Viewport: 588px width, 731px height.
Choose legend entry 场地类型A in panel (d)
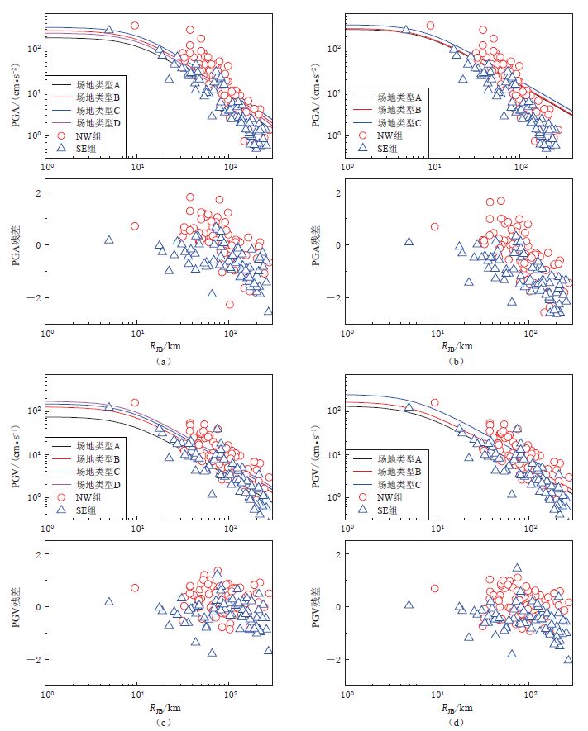399,458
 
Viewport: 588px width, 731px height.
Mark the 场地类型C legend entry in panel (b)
399,122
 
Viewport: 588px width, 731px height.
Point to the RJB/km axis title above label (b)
456,347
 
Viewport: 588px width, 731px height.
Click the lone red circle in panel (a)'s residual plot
135,226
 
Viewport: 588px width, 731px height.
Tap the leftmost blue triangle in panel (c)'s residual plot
108,601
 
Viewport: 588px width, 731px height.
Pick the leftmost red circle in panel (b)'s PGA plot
430,26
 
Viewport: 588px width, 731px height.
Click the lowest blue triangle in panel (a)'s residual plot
268,311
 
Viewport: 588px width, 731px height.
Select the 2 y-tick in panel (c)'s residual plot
36,554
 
